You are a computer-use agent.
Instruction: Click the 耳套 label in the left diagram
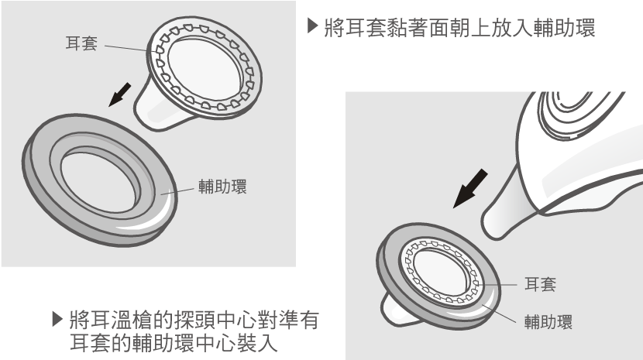(x=81, y=44)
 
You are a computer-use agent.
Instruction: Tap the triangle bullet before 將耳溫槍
(x=57, y=317)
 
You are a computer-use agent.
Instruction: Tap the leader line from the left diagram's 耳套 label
(x=124, y=47)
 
